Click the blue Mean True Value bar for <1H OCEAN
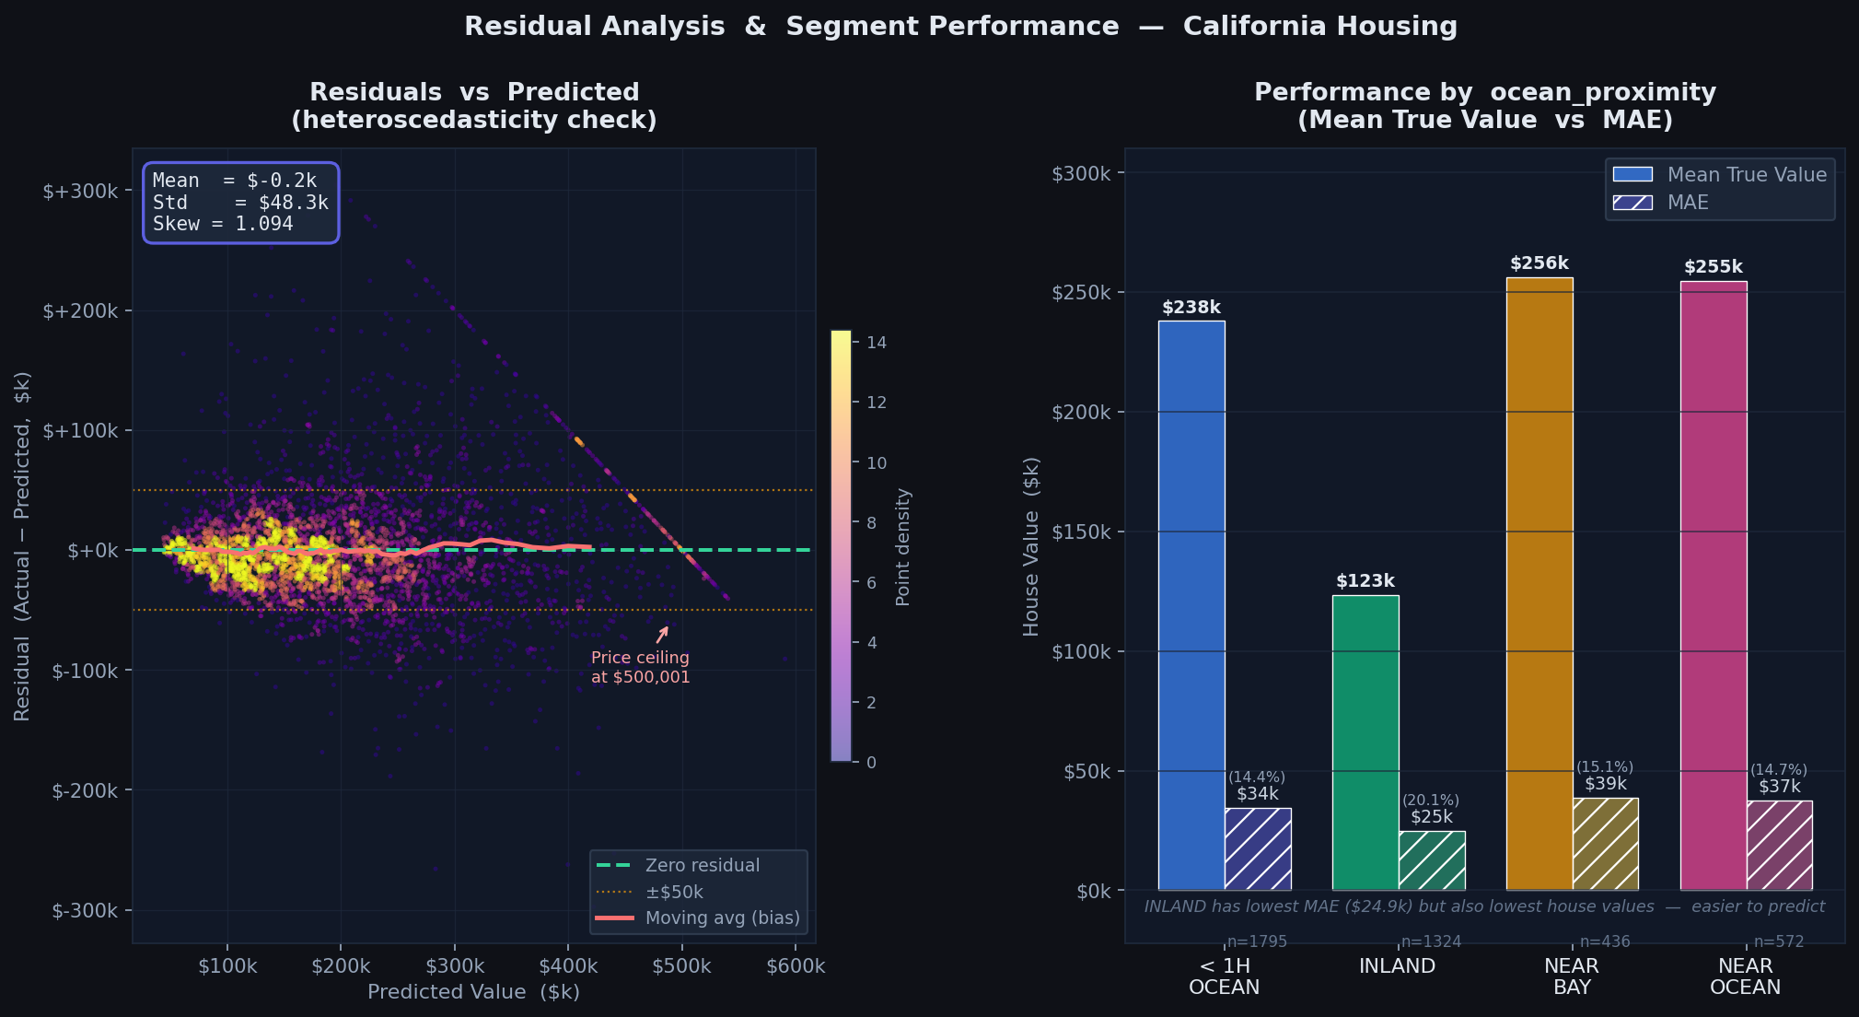(1191, 605)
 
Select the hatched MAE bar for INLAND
(1432, 860)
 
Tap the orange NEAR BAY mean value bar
(1539, 584)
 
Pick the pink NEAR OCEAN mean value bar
(1713, 586)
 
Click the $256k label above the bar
(1539, 263)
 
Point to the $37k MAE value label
(1779, 787)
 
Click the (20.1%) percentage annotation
(1431, 801)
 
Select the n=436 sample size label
(1604, 941)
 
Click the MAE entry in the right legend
(1687, 203)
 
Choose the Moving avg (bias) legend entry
(722, 918)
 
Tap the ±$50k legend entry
(674, 892)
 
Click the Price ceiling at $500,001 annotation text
(640, 668)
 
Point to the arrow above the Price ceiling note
(662, 635)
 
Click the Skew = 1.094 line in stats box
(223, 224)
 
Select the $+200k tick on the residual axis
(80, 311)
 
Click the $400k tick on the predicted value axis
(568, 966)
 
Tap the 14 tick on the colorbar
(876, 343)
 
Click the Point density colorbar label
(902, 547)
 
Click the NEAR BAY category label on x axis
(1571, 976)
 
